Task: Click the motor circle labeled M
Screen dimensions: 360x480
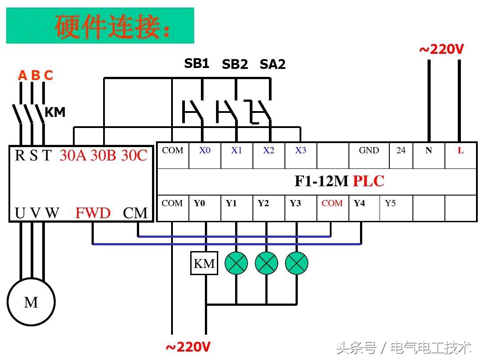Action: (x=31, y=303)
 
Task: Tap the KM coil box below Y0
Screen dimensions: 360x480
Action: (x=204, y=264)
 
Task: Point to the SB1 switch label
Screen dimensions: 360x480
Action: (x=197, y=64)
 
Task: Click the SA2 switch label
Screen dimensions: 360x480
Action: (x=272, y=64)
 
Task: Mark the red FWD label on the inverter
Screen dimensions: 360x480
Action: (x=93, y=213)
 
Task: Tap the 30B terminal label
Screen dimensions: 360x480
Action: (x=103, y=156)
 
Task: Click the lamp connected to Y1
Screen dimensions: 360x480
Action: (x=236, y=264)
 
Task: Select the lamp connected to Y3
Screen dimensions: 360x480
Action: (x=296, y=264)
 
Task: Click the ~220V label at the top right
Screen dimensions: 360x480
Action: (x=441, y=49)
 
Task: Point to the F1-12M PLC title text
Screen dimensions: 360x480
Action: (x=339, y=181)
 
